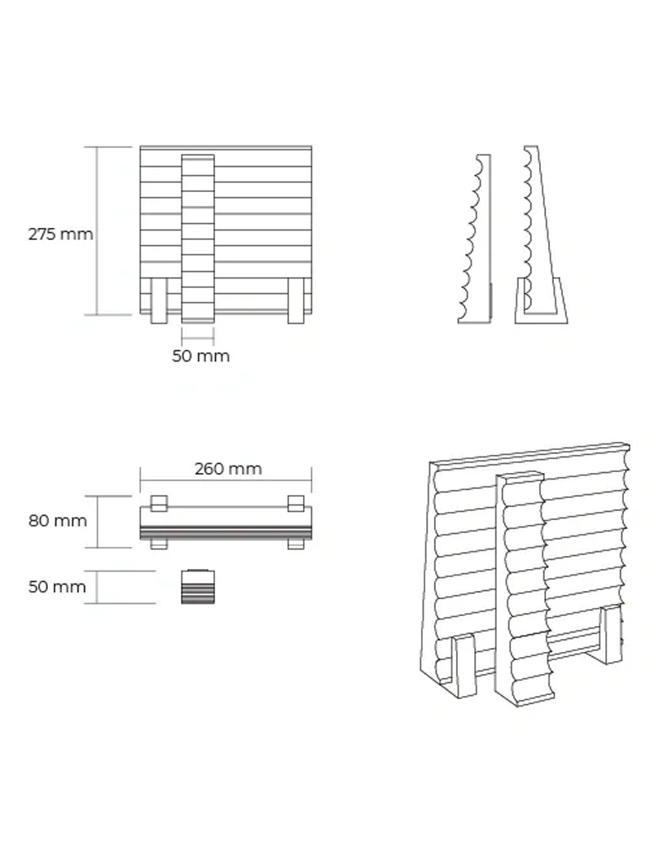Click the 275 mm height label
click(x=60, y=234)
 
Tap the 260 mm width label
click(x=228, y=469)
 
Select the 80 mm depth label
click(x=58, y=521)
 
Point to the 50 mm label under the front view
click(x=201, y=357)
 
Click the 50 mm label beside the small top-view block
click(x=57, y=587)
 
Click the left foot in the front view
click(x=158, y=301)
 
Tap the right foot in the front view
click(x=296, y=301)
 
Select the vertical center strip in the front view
click(x=198, y=239)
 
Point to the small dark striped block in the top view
click(x=198, y=586)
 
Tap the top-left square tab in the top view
click(x=159, y=503)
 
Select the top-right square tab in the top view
click(x=296, y=503)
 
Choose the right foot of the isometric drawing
click(x=610, y=635)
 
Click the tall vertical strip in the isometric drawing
click(x=521, y=588)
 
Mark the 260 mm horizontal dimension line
click(x=226, y=481)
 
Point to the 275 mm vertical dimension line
click(x=97, y=230)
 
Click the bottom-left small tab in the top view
click(x=159, y=544)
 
